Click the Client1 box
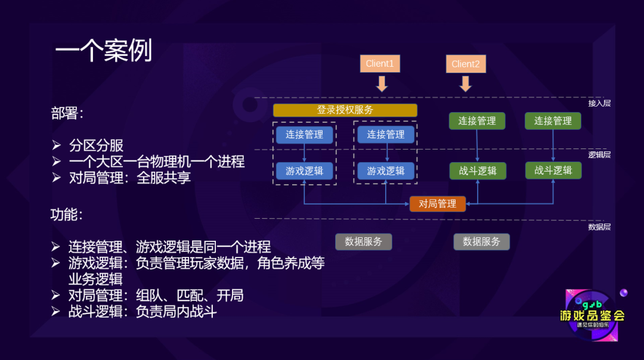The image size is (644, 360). coord(380,64)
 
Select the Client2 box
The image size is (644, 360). coord(466,64)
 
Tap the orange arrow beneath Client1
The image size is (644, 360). coord(382,83)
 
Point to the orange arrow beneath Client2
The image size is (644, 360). coord(466,83)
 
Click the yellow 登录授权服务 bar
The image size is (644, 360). coord(345,110)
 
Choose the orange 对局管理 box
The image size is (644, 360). coord(438,204)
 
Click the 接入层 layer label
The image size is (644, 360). coord(599,103)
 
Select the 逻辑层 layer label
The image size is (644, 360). coord(599,154)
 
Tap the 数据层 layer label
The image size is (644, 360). coord(599,227)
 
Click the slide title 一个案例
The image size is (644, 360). coord(104,51)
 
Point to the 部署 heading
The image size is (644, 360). coord(67,113)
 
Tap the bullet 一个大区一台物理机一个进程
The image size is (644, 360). coord(156,162)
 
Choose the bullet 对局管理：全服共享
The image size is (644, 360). coord(129,178)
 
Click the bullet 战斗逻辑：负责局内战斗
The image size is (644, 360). coord(142,312)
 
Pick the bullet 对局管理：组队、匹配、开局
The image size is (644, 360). coord(156,296)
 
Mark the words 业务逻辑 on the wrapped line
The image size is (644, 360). coord(95,280)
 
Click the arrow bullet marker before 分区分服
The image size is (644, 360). coord(56,145)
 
